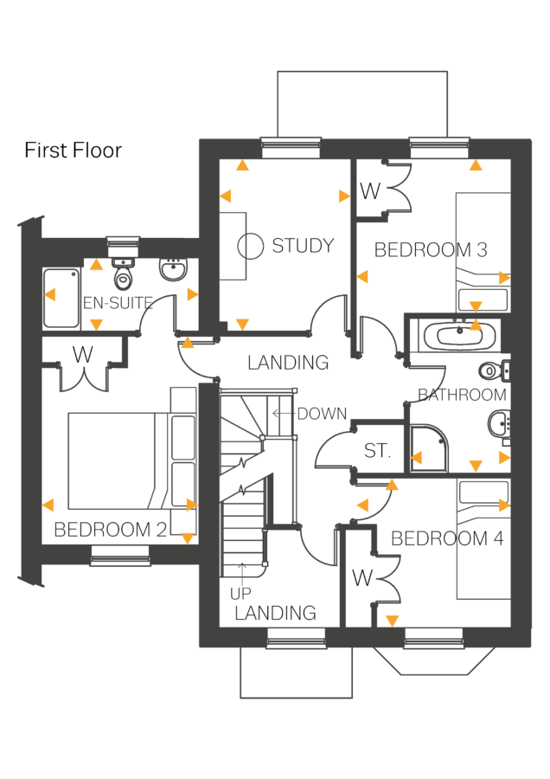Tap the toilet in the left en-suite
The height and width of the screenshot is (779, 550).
pyautogui.click(x=124, y=275)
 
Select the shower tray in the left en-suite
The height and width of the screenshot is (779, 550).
pyautogui.click(x=61, y=298)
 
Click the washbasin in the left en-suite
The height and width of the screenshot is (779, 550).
pyautogui.click(x=172, y=269)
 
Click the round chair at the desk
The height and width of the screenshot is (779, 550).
pyautogui.click(x=251, y=247)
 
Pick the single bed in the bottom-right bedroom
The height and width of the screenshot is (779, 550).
pyautogui.click(x=483, y=539)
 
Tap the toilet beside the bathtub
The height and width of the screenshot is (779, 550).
pyautogui.click(x=492, y=370)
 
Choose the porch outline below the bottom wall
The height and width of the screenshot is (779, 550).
pyautogui.click(x=297, y=673)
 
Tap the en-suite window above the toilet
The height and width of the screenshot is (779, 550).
pyautogui.click(x=124, y=241)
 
